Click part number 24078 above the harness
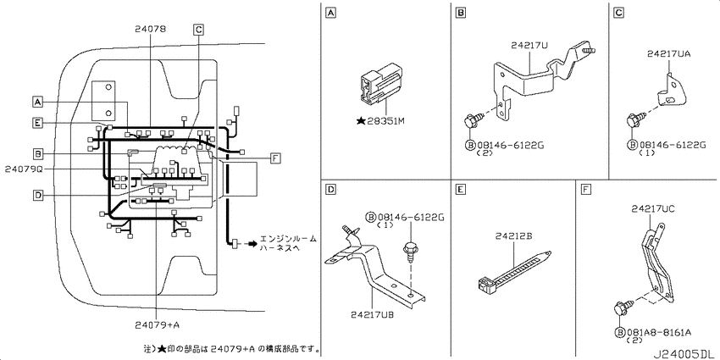[151, 29]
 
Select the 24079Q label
[24, 169]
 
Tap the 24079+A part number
[158, 324]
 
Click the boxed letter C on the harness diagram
[198, 30]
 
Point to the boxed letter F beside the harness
[274, 159]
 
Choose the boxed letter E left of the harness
[38, 122]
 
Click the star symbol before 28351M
[362, 121]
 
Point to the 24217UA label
[669, 53]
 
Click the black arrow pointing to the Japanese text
[252, 243]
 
